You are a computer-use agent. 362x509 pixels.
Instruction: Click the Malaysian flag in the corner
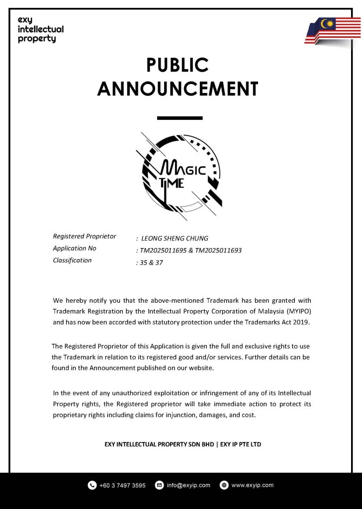(333, 31)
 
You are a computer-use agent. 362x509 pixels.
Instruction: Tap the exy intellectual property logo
(40, 29)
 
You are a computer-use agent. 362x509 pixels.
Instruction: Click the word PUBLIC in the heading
(177, 65)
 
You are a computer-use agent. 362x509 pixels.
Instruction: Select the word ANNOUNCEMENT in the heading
(178, 89)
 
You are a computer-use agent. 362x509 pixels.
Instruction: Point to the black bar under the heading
(180, 118)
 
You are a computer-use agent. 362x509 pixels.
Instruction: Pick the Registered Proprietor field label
(85, 236)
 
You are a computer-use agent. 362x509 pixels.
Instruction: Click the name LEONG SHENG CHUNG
(175, 239)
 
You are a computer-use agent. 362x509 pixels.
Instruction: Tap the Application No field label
(75, 248)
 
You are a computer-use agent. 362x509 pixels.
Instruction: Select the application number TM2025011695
(162, 251)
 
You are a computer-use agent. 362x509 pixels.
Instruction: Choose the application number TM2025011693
(218, 251)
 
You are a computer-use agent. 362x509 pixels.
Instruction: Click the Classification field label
(72, 260)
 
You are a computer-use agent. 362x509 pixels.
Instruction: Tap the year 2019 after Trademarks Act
(301, 322)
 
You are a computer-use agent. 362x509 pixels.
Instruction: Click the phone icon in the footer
(92, 485)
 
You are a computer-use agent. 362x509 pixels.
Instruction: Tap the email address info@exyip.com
(188, 485)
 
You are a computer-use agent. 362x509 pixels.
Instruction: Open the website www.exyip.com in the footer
(253, 485)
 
